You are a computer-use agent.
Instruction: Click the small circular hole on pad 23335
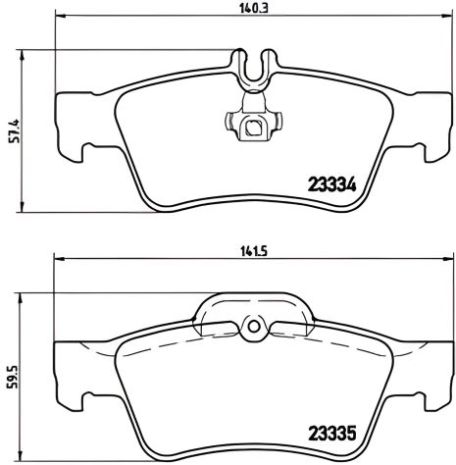[x=252, y=328]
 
